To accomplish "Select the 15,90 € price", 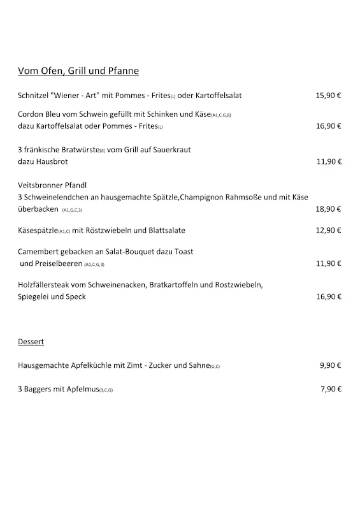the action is (x=328, y=96).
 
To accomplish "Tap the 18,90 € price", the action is (x=328, y=208).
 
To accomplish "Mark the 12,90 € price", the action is (x=328, y=230).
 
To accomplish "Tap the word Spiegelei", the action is (x=34, y=296).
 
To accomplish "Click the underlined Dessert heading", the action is (x=31, y=342).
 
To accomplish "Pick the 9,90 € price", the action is (x=330, y=365).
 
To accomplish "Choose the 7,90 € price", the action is (x=330, y=389).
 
